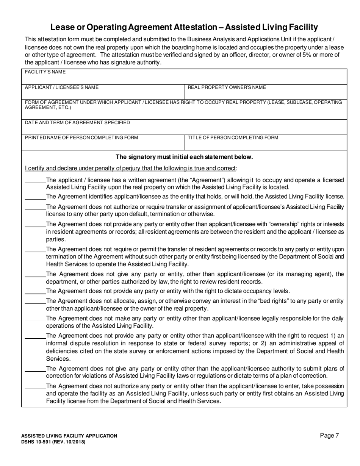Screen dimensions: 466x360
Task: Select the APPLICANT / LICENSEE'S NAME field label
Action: pos(62,88)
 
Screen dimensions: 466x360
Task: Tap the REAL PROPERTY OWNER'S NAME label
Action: pos(227,88)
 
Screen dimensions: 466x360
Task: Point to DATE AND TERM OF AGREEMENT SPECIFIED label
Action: pos(77,123)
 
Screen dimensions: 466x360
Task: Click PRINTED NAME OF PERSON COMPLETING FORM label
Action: pos(81,138)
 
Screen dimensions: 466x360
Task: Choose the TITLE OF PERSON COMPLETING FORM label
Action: pos(233,138)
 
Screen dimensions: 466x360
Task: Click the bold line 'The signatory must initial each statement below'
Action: pos(184,157)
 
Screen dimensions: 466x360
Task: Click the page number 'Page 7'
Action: pos(329,436)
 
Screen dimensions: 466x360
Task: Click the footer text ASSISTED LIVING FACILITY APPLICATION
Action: pos(69,436)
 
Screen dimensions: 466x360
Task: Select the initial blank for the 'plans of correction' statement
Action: pos(35,369)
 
